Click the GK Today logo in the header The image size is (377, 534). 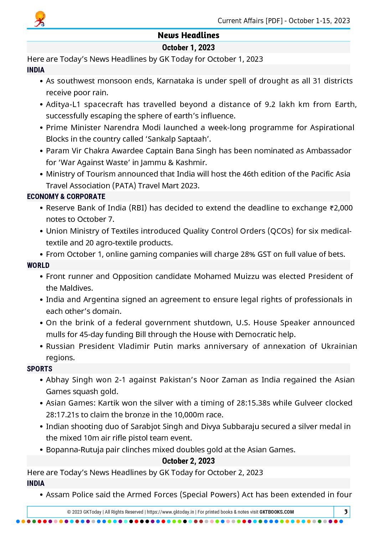[x=40, y=19]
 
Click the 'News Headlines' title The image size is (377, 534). [x=188, y=35]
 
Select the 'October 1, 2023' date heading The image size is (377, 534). [x=188, y=47]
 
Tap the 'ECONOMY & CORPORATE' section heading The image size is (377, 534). [x=66, y=197]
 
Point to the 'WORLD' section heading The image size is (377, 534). [x=38, y=265]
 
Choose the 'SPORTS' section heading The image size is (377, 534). [x=40, y=369]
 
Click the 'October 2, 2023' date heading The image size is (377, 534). [x=188, y=461]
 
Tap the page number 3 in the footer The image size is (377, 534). [x=345, y=512]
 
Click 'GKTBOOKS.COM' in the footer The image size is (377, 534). [x=277, y=512]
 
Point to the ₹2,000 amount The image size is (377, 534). [x=341, y=208]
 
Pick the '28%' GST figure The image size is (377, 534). [x=248, y=254]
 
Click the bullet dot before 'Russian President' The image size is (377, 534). [x=42, y=346]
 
